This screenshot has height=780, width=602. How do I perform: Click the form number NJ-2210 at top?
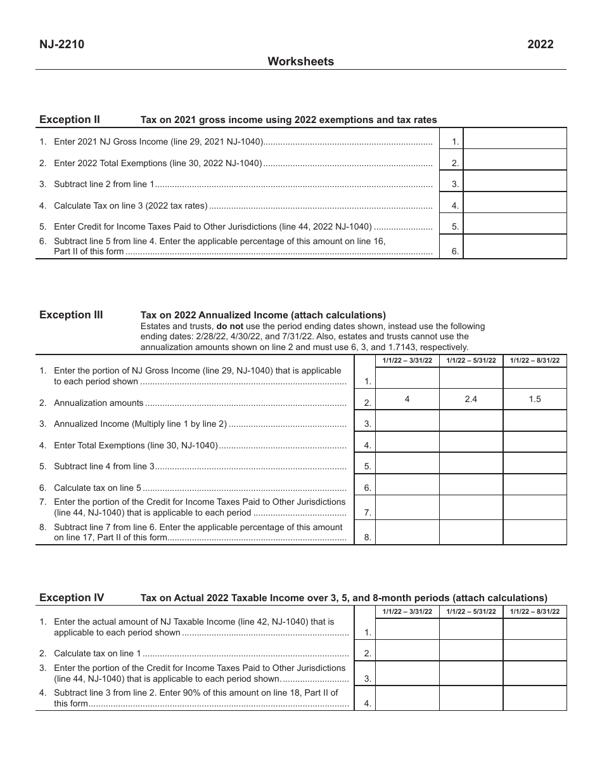pyautogui.click(x=60, y=44)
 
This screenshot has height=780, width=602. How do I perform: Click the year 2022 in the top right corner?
pyautogui.click(x=540, y=44)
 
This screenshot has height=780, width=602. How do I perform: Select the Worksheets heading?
pyautogui.click(x=300, y=62)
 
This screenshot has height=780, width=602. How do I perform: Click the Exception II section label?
pyautogui.click(x=70, y=119)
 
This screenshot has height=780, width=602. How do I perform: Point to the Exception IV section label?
pyautogui.click(x=72, y=597)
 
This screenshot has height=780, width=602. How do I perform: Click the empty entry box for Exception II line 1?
pyautogui.click(x=515, y=138)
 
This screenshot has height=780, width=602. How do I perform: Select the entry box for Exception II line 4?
pyautogui.click(x=515, y=202)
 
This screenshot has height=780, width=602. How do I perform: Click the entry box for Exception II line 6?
pyautogui.click(x=515, y=246)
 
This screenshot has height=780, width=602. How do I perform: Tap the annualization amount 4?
pyautogui.click(x=407, y=400)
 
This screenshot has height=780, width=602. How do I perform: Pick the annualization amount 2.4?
pyautogui.click(x=471, y=400)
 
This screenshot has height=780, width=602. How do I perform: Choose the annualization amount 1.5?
pyautogui.click(x=535, y=400)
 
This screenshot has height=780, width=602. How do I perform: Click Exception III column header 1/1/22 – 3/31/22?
pyautogui.click(x=407, y=361)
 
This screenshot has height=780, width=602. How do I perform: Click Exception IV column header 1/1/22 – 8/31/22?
pyautogui.click(x=535, y=612)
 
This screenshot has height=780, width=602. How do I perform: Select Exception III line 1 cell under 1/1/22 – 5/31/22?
pyautogui.click(x=471, y=378)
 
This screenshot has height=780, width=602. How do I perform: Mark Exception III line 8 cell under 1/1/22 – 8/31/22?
pyautogui.click(x=535, y=532)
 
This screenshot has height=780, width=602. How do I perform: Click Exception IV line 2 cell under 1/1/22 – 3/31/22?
pyautogui.click(x=407, y=650)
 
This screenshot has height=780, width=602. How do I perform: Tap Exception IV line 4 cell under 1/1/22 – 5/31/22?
pyautogui.click(x=471, y=698)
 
